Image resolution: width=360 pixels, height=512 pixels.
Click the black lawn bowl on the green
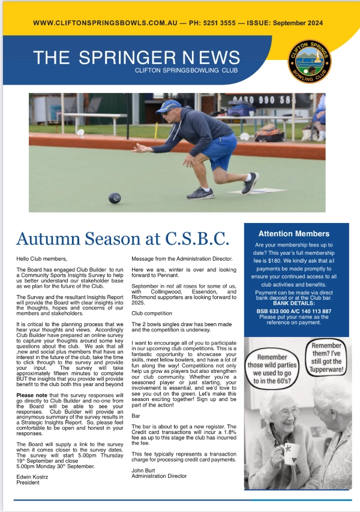coord(114,198)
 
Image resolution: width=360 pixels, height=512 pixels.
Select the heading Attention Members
coord(293,233)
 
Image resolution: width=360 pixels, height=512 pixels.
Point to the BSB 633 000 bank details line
coord(293,311)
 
